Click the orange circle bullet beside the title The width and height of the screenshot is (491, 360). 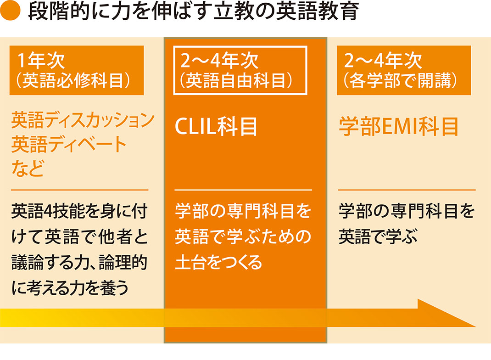pyautogui.click(x=10, y=10)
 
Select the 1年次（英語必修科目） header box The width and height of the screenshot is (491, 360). pyautogui.click(x=77, y=70)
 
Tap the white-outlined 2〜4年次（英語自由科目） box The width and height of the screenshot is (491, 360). pyautogui.click(x=240, y=70)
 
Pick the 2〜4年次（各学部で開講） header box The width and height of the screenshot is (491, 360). pyautogui.click(x=404, y=70)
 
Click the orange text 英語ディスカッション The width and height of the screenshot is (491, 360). pyautogui.click(x=83, y=120)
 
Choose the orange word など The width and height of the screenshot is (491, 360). pyautogui.click(x=28, y=168)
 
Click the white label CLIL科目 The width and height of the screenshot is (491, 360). pyautogui.click(x=216, y=127)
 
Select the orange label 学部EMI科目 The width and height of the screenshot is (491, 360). pyautogui.click(x=399, y=127)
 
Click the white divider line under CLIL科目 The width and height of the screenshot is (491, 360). pyautogui.click(x=243, y=190)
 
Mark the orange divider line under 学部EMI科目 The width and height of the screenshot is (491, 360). pyautogui.click(x=407, y=190)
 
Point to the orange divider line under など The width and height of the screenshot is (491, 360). pyautogui.click(x=79, y=190)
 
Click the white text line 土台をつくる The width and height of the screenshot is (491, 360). pyautogui.click(x=218, y=262)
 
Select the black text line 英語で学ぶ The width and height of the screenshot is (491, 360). pyautogui.click(x=378, y=236)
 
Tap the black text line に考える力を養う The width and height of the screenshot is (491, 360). pyautogui.click(x=70, y=287)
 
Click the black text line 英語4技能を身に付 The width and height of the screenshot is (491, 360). pyautogui.click(x=79, y=211)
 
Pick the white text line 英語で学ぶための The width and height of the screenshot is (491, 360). pyautogui.click(x=243, y=236)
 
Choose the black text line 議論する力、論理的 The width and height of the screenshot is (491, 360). pyautogui.click(x=79, y=262)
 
